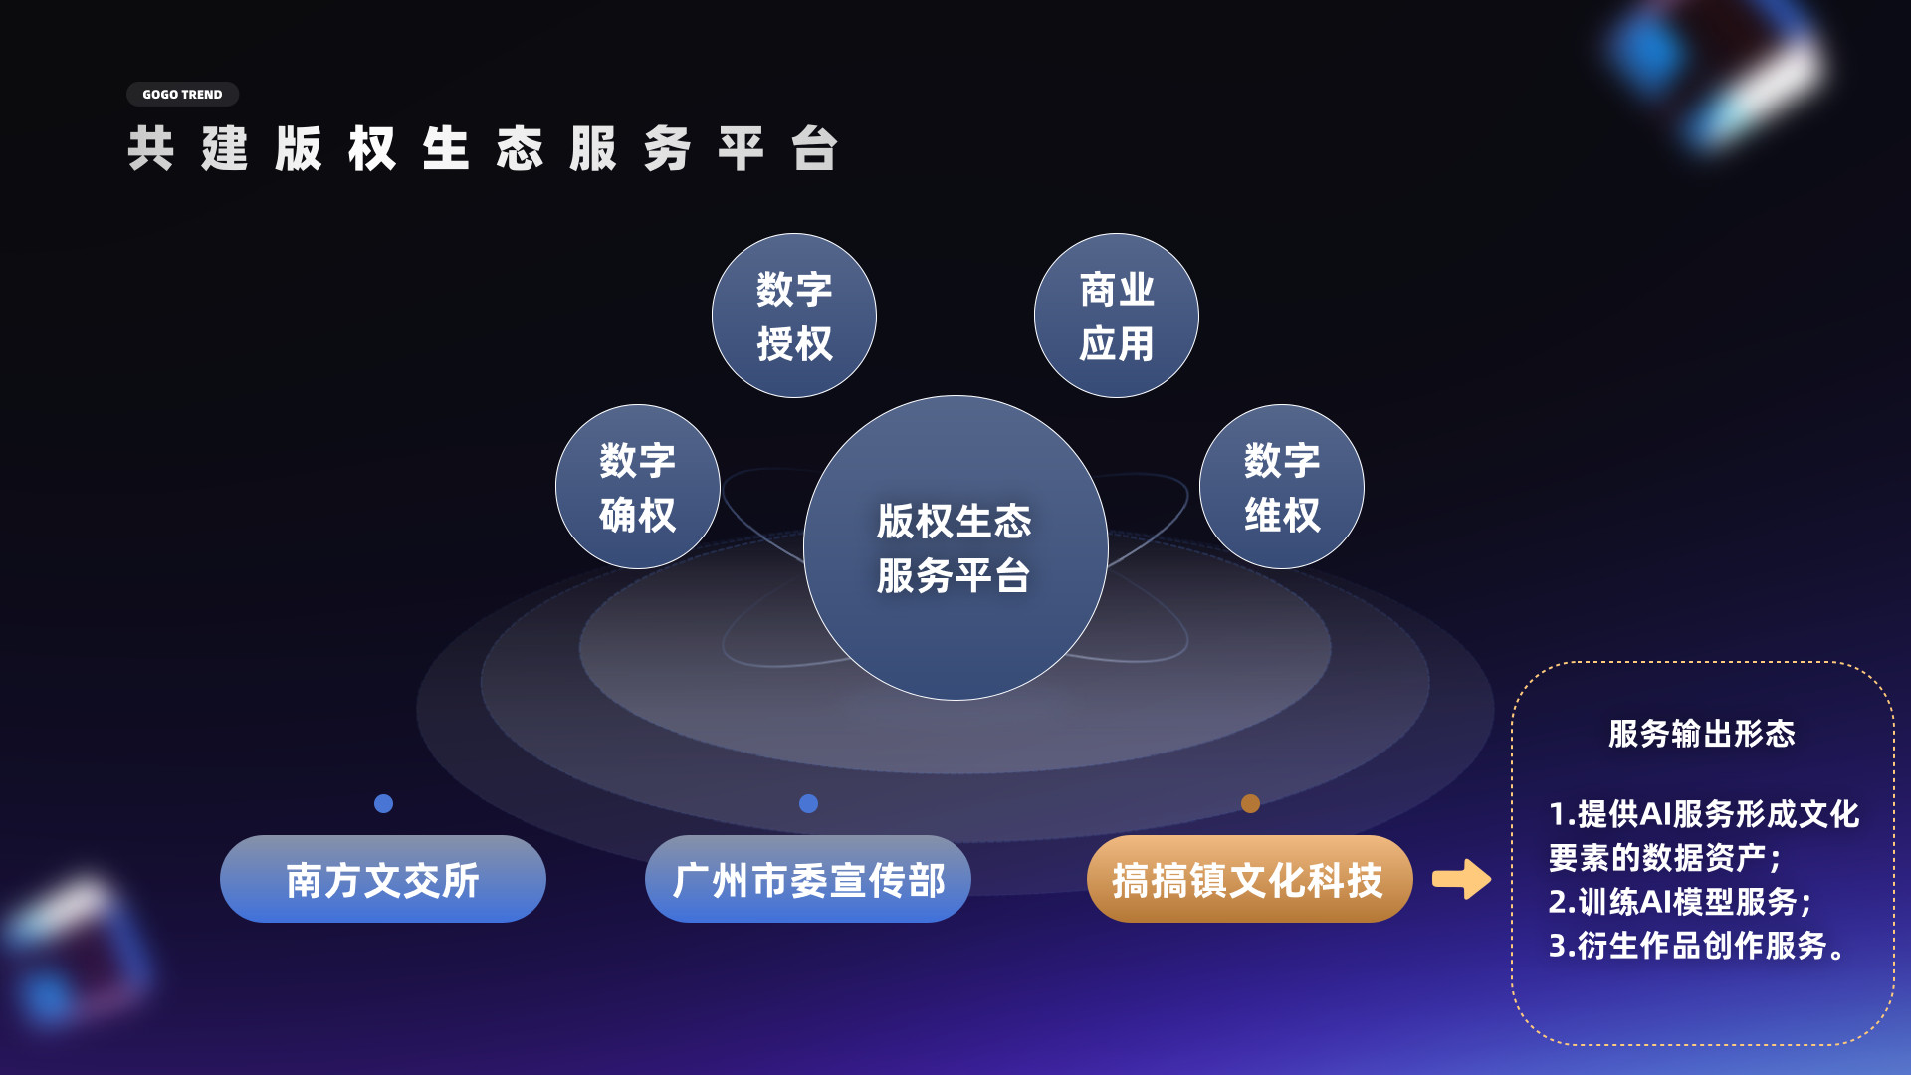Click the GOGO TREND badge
coord(182,95)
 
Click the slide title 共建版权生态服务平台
coord(483,149)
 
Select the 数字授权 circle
coord(794,316)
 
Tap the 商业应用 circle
coord(1117,316)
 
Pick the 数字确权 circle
coord(638,487)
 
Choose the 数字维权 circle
coord(1282,487)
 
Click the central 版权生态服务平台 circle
coord(955,548)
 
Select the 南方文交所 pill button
coord(383,879)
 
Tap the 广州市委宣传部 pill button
coord(808,879)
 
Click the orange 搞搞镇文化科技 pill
coord(1250,879)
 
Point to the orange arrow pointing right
coord(1461,879)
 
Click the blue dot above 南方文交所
coord(383,803)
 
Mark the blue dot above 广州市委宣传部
coord(808,803)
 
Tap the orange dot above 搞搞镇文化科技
coord(1250,803)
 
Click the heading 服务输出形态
coord(1702,734)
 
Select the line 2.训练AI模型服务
coord(1680,902)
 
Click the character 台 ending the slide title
coord(814,149)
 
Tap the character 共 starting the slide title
coord(151,149)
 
